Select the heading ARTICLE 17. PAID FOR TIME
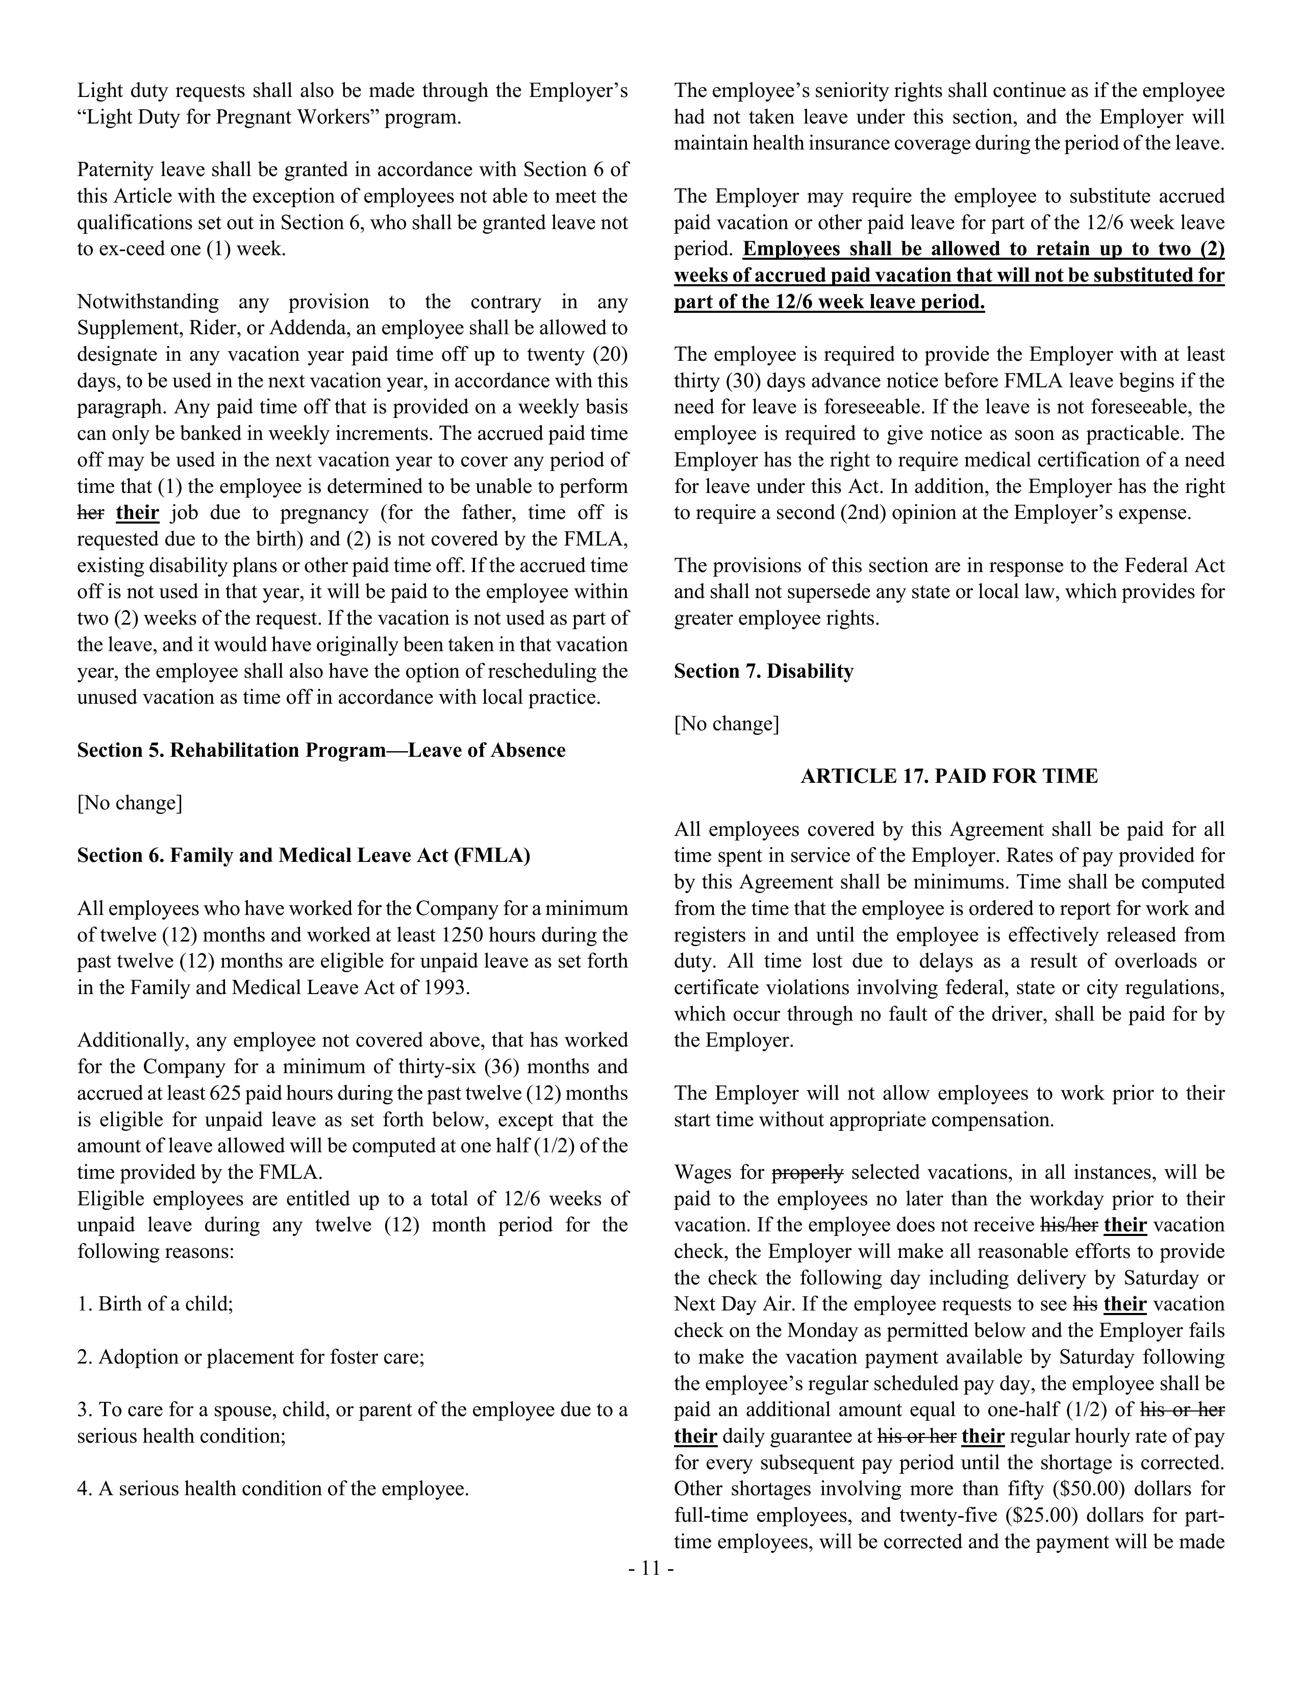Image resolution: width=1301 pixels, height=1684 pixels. tap(949, 777)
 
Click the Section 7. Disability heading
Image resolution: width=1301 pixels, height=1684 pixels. tap(763, 672)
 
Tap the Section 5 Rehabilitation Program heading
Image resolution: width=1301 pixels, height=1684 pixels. tap(320, 750)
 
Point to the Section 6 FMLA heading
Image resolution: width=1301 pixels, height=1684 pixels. tap(303, 856)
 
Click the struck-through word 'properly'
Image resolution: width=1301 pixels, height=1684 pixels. tap(807, 1173)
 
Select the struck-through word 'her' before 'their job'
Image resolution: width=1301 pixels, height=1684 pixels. tap(90, 513)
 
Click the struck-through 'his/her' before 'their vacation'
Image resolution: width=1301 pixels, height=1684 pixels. tap(1069, 1225)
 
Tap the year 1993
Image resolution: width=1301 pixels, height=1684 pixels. tap(446, 988)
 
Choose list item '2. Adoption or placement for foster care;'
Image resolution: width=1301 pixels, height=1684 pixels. tap(251, 1357)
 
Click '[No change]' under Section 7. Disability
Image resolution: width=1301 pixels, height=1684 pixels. tap(726, 724)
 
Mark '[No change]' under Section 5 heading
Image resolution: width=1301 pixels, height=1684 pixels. tap(130, 803)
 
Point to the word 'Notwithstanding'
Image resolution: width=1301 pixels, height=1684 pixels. tap(147, 302)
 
